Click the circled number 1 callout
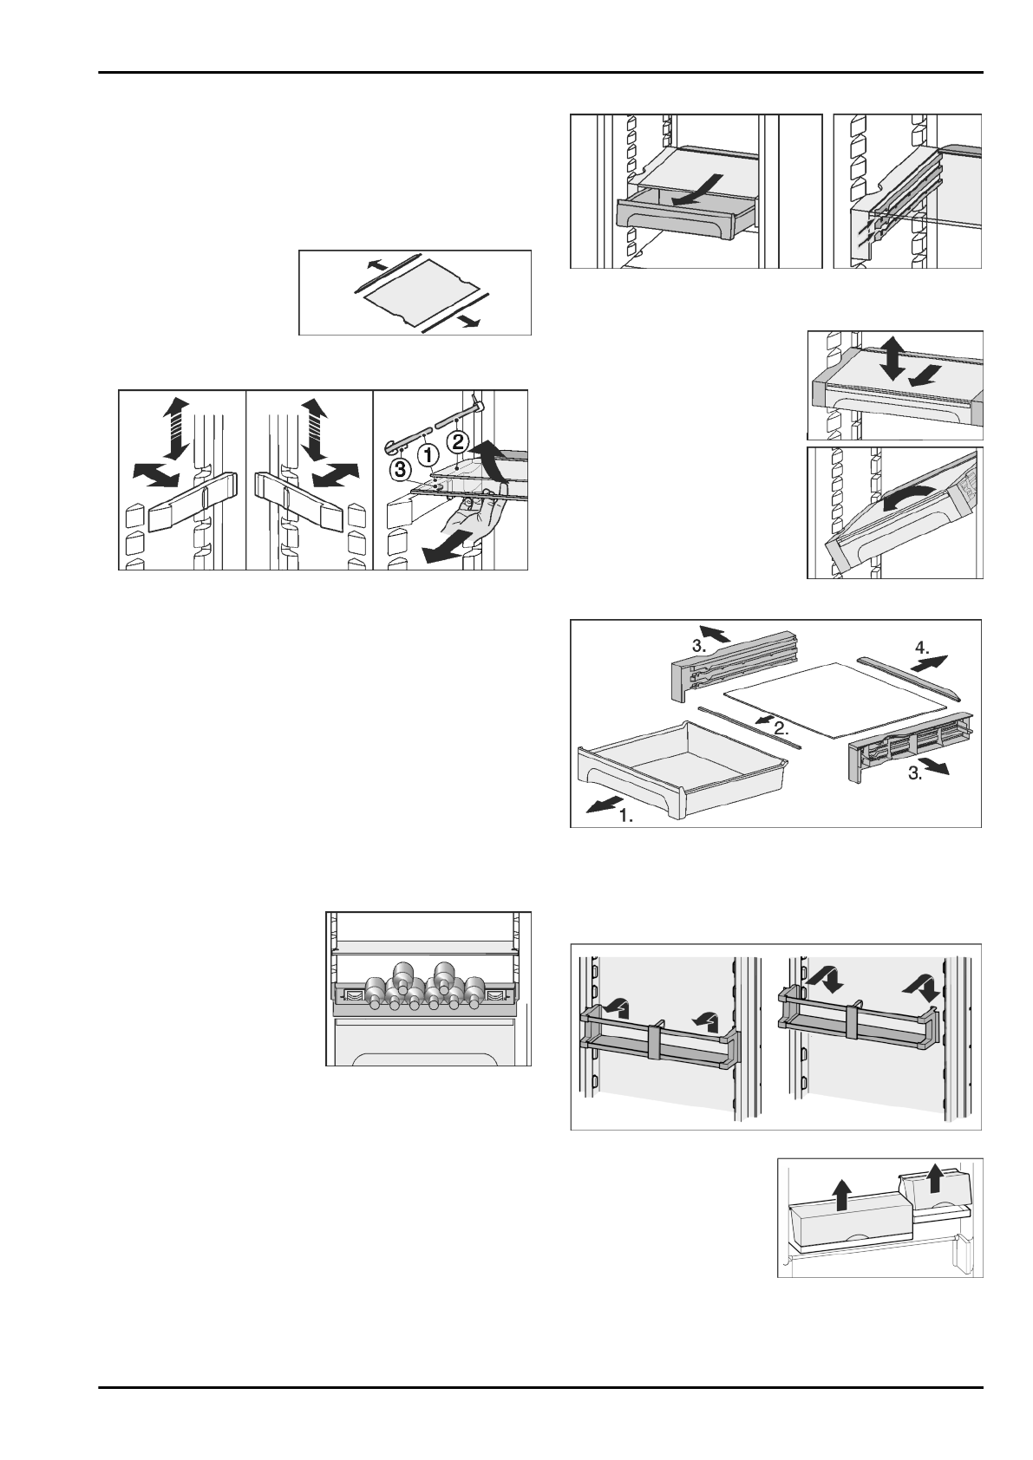[427, 453]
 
